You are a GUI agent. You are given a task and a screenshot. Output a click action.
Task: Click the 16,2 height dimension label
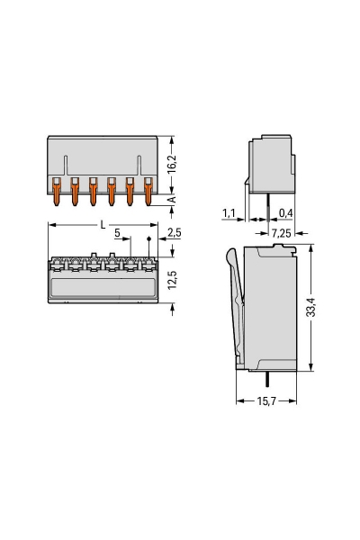pyautogui.click(x=173, y=163)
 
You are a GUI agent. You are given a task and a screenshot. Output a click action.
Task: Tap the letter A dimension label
pyautogui.click(x=173, y=201)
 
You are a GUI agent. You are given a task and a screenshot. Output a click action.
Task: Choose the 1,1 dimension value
pyautogui.click(x=228, y=211)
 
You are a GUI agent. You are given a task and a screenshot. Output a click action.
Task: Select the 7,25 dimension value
pyautogui.click(x=280, y=233)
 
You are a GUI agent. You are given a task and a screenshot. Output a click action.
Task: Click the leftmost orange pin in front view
pyautogui.click(x=56, y=191)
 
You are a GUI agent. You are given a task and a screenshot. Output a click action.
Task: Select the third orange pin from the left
pyautogui.click(x=93, y=191)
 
